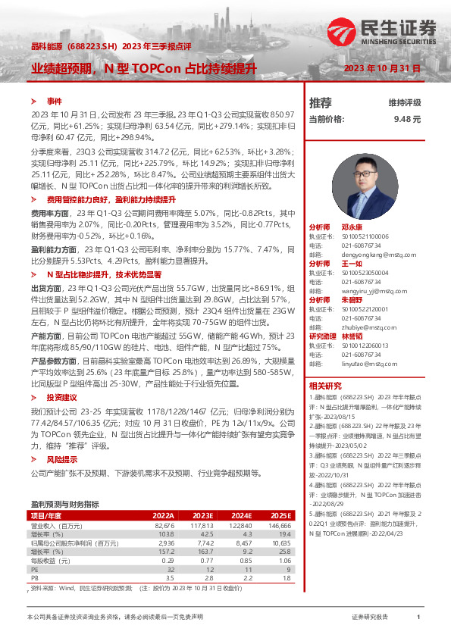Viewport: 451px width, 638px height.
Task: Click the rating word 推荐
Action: pos(320,102)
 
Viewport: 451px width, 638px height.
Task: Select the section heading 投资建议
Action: pos(61,396)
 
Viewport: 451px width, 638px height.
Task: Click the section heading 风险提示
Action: pos(61,459)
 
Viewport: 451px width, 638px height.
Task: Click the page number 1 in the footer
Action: pos(418,618)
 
